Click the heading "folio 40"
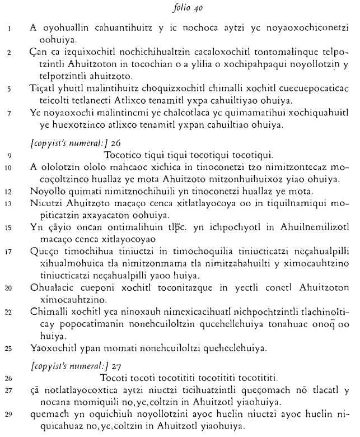pyautogui.click(x=179, y=7)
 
